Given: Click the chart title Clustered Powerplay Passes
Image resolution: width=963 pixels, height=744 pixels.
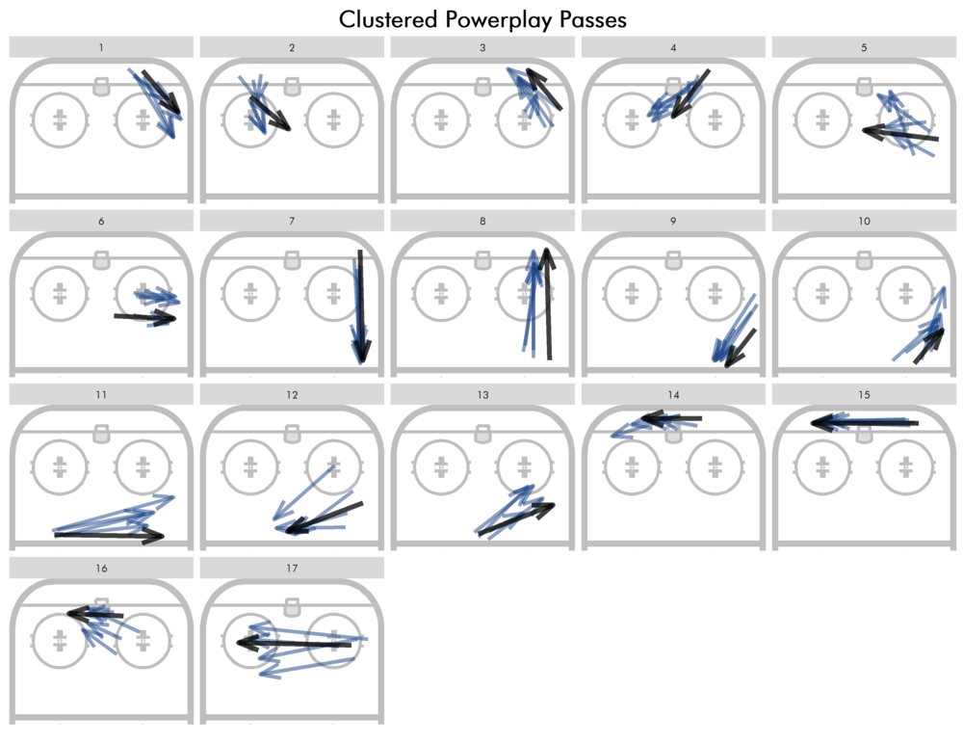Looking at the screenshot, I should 482,19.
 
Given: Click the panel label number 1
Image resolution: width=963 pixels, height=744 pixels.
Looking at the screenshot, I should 101,47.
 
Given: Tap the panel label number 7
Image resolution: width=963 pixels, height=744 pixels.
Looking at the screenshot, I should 292,221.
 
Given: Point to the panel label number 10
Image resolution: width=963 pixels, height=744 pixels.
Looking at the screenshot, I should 864,221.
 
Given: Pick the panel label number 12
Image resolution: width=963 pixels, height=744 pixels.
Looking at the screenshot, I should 292,395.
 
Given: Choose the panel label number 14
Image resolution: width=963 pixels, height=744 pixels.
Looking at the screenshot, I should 673,395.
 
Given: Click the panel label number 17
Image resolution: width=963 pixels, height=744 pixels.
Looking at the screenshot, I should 292,569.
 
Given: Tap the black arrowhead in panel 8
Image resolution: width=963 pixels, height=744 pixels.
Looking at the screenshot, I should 546,255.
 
